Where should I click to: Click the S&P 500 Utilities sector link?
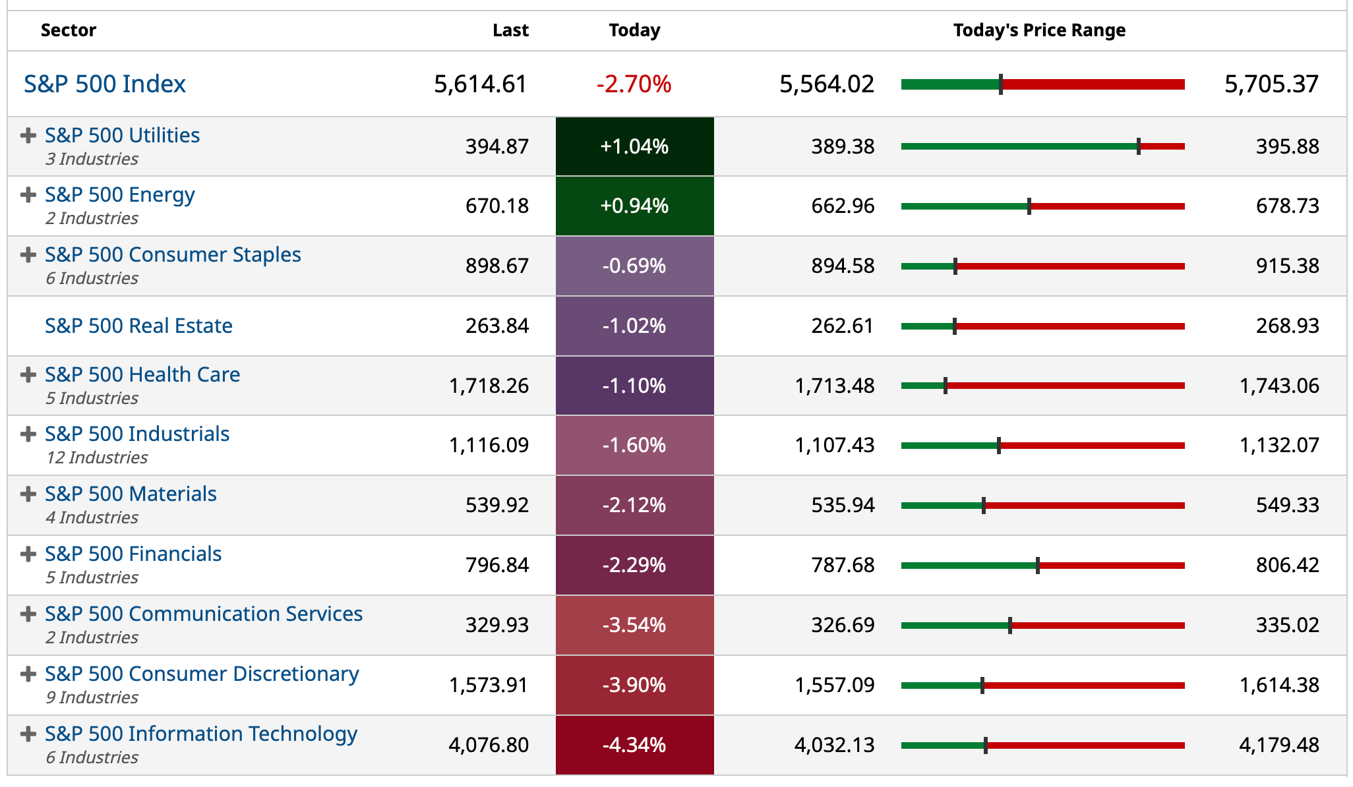pyautogui.click(x=122, y=135)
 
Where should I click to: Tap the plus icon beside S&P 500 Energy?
pyautogui.click(x=28, y=195)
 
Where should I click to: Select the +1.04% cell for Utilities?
pyautogui.click(x=634, y=146)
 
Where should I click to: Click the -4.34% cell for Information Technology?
pyautogui.click(x=634, y=745)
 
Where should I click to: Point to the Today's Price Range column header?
pyautogui.click(x=1039, y=30)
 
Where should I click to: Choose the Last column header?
pyautogui.click(x=510, y=30)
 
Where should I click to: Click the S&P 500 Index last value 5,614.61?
pyautogui.click(x=481, y=84)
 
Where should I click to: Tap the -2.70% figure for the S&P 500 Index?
pyautogui.click(x=634, y=84)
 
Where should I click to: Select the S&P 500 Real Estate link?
pyautogui.click(x=138, y=326)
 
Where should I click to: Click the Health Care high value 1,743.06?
pyautogui.click(x=1279, y=386)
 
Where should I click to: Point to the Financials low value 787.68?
pyautogui.click(x=843, y=565)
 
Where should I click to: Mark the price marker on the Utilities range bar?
pyautogui.click(x=1139, y=146)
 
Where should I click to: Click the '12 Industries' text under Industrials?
pyautogui.click(x=97, y=457)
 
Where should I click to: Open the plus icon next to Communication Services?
pyautogui.click(x=28, y=614)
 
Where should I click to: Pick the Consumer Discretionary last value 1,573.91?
pyautogui.click(x=489, y=685)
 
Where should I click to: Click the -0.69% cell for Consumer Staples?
pyautogui.click(x=634, y=266)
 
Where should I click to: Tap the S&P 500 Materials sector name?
pyautogui.click(x=131, y=494)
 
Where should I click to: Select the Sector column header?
pyautogui.click(x=69, y=30)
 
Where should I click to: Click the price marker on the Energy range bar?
pyautogui.click(x=1029, y=206)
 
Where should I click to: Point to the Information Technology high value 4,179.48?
pyautogui.click(x=1279, y=745)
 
